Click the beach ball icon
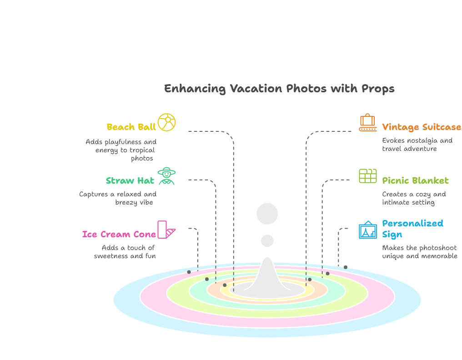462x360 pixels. tap(166, 122)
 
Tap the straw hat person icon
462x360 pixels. tap(166, 176)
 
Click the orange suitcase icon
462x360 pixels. tap(367, 122)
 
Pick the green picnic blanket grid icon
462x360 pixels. tap(368, 176)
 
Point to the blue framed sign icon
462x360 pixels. tap(367, 230)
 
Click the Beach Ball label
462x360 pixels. tap(131, 127)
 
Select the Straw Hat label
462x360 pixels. tap(130, 181)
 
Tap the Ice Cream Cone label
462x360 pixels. tap(119, 235)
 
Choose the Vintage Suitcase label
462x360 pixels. tap(422, 127)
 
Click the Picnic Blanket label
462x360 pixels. tap(415, 181)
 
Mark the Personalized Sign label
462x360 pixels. tap(412, 229)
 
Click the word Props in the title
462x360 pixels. tap(378, 89)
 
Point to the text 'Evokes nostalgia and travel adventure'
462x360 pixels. tap(417, 145)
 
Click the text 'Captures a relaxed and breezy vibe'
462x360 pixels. tap(118, 198)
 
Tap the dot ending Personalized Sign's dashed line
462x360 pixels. tap(346, 267)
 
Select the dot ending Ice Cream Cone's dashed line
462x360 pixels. tap(189, 272)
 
